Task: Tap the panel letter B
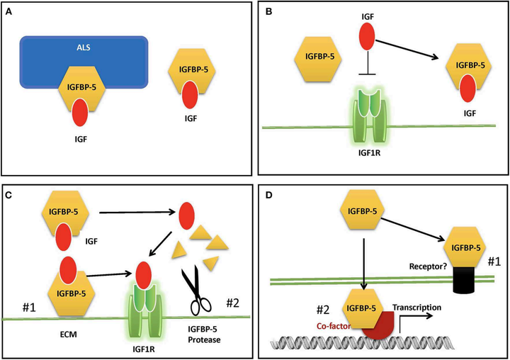269,12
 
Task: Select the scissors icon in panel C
198,290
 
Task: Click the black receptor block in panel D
465,280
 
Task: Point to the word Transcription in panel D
416,308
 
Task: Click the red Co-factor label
334,326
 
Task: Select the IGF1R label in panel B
369,152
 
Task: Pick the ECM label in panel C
68,334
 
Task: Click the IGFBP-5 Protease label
204,334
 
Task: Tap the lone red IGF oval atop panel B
367,36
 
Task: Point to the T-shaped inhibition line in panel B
367,62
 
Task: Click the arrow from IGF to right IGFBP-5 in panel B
407,50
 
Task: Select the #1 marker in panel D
494,261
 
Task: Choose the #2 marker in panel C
232,303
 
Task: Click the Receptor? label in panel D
428,266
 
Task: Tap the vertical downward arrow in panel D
363,264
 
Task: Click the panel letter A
8,12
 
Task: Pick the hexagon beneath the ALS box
81,89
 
